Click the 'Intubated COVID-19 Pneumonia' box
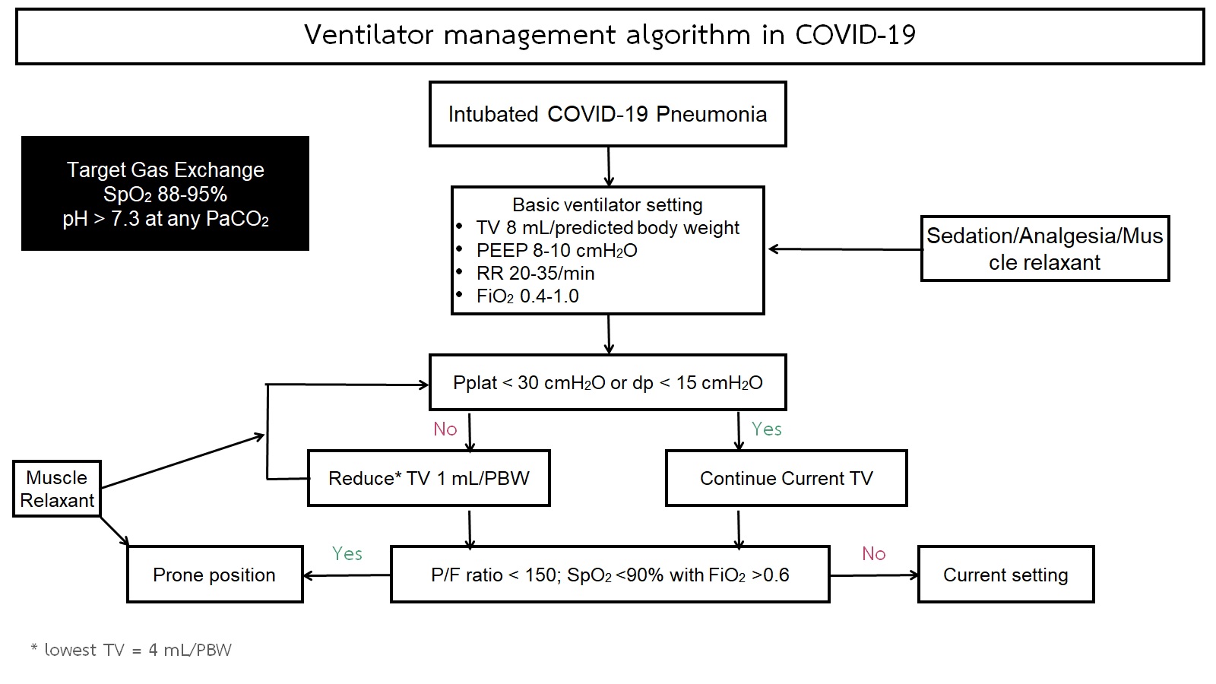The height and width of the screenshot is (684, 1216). (x=607, y=114)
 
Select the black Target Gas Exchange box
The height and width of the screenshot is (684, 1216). (x=165, y=193)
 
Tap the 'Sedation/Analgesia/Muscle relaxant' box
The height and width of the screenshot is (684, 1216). (x=1045, y=249)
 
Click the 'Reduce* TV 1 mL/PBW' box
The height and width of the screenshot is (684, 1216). (x=429, y=478)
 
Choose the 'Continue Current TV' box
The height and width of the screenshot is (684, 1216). (x=786, y=478)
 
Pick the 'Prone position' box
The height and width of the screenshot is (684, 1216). (x=214, y=575)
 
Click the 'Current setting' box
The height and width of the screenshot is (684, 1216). (x=1005, y=575)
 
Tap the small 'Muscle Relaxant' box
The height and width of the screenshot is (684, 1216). (x=57, y=489)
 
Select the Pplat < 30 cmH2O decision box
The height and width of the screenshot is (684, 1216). (x=607, y=382)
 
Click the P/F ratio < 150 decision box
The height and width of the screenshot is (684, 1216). (x=610, y=575)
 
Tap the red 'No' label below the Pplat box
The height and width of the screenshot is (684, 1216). (x=445, y=429)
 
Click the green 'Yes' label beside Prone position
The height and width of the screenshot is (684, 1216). (x=347, y=553)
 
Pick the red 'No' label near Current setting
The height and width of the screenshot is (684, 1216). (x=873, y=553)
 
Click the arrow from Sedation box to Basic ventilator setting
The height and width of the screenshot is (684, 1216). (x=845, y=249)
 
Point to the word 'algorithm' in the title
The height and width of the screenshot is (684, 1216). (x=689, y=35)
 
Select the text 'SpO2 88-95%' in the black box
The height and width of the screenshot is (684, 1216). (x=165, y=195)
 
